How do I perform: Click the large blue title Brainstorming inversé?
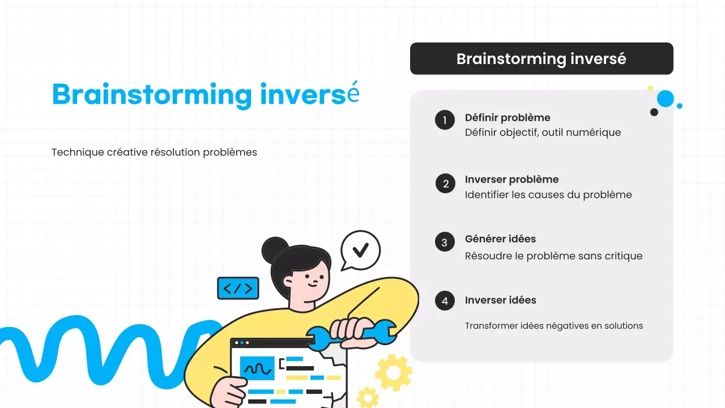(x=205, y=94)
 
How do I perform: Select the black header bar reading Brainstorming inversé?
(x=541, y=59)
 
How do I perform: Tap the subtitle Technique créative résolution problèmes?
(x=154, y=152)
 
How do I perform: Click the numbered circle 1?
(x=445, y=120)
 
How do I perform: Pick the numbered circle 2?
(x=445, y=183)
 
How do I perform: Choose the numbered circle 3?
(x=445, y=242)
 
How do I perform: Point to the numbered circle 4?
(x=445, y=301)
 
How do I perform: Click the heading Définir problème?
(x=507, y=118)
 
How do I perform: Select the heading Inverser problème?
(x=511, y=180)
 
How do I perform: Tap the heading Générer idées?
(x=500, y=239)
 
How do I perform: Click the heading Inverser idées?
(x=500, y=300)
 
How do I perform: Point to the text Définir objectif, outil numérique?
(x=543, y=133)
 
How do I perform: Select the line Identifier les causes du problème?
(x=548, y=195)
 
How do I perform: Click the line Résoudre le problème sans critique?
(x=553, y=256)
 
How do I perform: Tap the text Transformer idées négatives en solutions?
(x=553, y=326)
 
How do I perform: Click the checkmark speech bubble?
(x=360, y=250)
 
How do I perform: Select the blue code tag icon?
(x=238, y=288)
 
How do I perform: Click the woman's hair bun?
(x=275, y=249)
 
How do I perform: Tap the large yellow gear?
(x=393, y=372)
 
